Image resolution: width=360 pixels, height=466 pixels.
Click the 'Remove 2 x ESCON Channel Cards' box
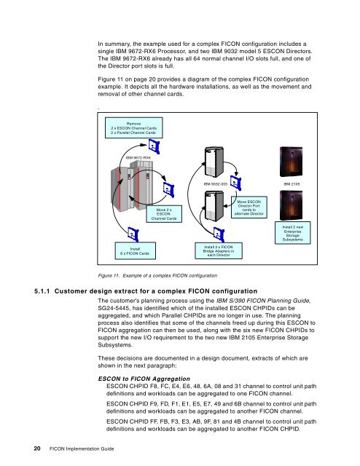(133, 128)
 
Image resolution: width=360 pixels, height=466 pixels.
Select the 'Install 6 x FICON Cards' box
(135, 251)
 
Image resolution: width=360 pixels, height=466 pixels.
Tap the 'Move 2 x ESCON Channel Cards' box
(164, 214)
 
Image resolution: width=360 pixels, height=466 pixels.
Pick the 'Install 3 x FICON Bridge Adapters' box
(219, 250)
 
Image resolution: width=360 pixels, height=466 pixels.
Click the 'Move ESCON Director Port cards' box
(249, 208)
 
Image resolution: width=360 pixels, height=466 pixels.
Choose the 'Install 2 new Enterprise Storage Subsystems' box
(292, 233)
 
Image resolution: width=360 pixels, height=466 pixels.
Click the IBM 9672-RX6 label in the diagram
(138, 158)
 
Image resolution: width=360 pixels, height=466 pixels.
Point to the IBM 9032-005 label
(216, 184)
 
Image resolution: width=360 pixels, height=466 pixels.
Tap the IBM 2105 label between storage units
(291, 184)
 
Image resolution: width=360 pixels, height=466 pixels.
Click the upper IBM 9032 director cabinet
(214, 162)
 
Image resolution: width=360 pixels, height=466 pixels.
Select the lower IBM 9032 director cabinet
(214, 206)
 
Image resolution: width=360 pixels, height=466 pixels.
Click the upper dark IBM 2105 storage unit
(291, 162)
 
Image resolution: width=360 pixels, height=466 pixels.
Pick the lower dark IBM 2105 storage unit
(291, 205)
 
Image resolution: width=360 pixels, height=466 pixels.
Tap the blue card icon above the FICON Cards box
(133, 234)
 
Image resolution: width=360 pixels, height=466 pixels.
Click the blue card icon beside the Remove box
(154, 147)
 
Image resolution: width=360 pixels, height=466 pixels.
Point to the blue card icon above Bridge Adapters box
(219, 234)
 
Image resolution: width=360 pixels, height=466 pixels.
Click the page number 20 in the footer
(37, 449)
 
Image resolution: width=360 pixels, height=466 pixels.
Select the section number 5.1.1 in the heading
(42, 291)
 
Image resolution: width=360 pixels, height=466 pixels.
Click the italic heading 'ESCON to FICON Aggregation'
(144, 379)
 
